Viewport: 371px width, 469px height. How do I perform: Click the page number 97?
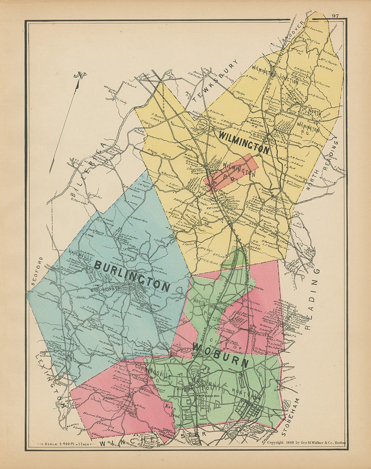335,15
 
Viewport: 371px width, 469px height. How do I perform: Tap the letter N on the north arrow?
83,75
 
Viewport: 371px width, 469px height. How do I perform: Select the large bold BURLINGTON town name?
132,276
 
